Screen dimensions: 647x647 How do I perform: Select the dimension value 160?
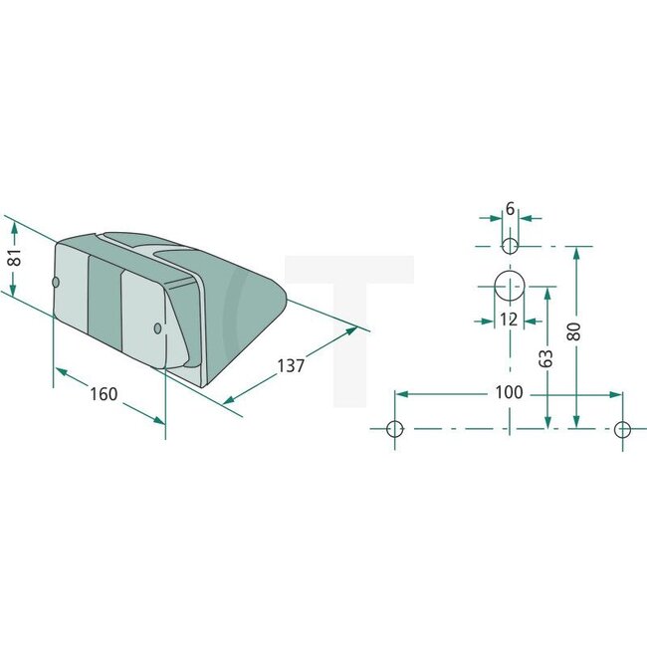point(103,394)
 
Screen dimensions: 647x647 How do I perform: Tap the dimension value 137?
point(291,366)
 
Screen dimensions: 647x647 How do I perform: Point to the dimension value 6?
point(510,209)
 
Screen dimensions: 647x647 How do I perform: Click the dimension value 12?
point(509,319)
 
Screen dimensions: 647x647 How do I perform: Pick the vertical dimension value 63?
point(546,358)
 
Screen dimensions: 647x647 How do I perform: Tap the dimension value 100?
point(509,392)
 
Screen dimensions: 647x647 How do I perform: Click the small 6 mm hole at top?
point(510,245)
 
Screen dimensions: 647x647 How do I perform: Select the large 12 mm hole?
point(510,287)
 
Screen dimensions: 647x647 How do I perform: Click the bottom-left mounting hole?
point(395,429)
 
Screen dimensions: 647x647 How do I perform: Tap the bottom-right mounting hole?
point(622,429)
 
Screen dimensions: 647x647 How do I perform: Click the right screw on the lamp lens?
point(158,327)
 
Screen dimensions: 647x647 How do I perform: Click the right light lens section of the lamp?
point(141,317)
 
